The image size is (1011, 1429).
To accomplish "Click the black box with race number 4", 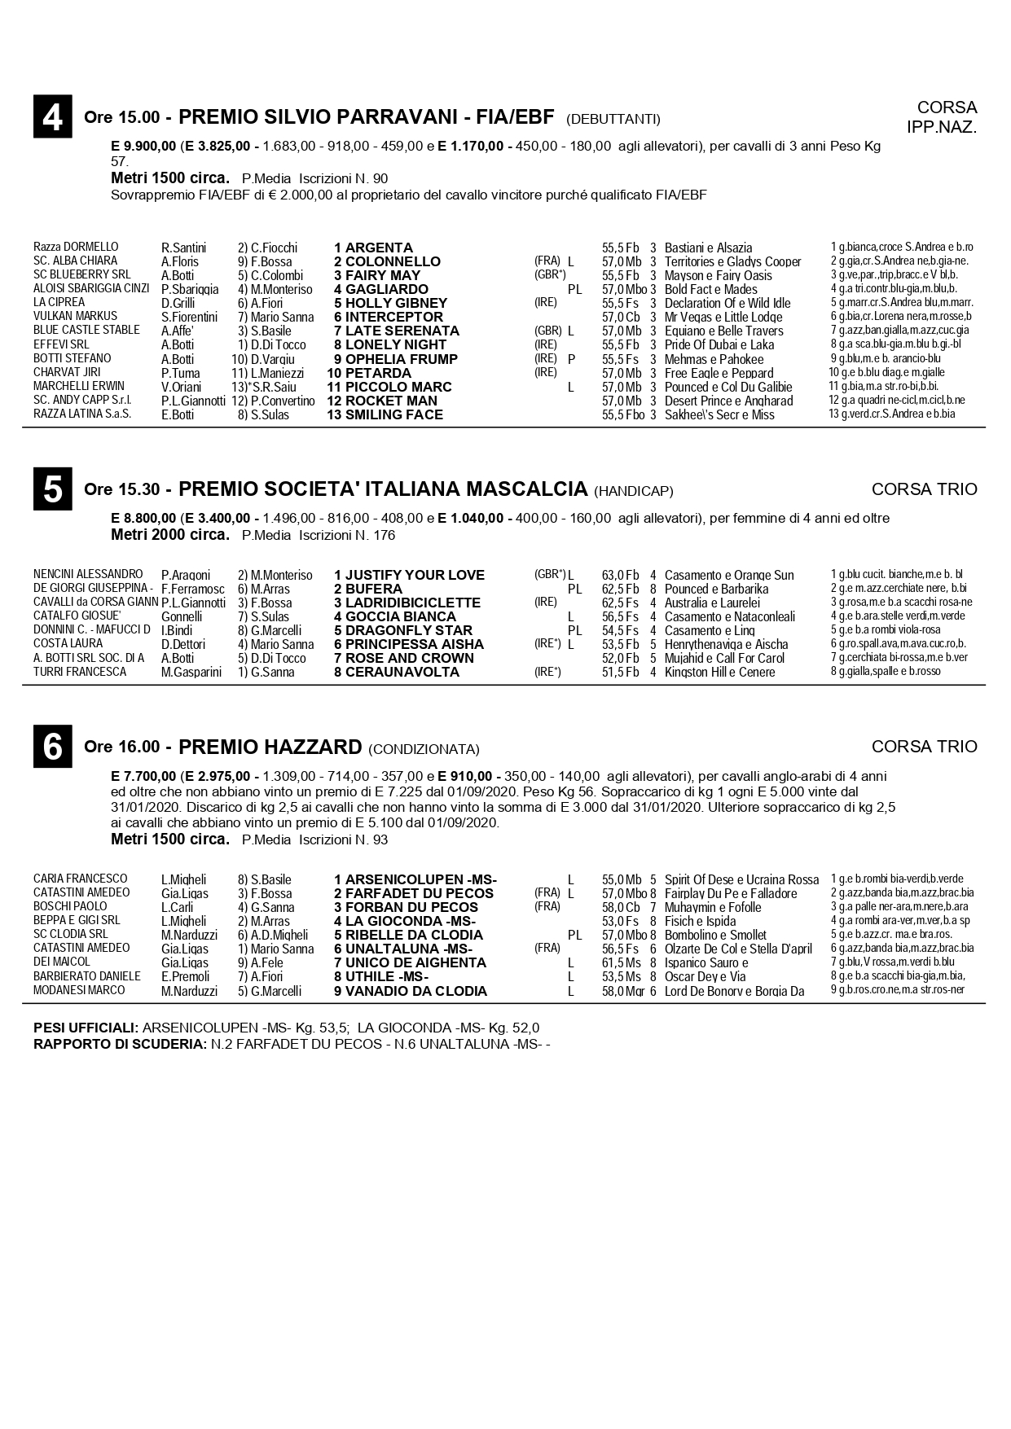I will [53, 116].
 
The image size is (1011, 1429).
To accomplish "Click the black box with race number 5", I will [53, 489].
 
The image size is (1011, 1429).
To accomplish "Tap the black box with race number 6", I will [53, 746].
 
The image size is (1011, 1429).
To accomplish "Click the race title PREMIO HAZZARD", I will [270, 747].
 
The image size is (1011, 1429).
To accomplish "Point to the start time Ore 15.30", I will [121, 490].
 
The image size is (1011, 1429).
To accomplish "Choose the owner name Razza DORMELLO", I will [76, 247].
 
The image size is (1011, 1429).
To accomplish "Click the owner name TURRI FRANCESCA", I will [80, 672].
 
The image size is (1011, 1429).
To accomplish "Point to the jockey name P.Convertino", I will [283, 401].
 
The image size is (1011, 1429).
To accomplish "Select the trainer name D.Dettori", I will [182, 644].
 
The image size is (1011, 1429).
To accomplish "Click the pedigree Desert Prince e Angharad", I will [728, 401].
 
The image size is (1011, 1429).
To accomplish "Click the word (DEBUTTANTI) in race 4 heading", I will [613, 119].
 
